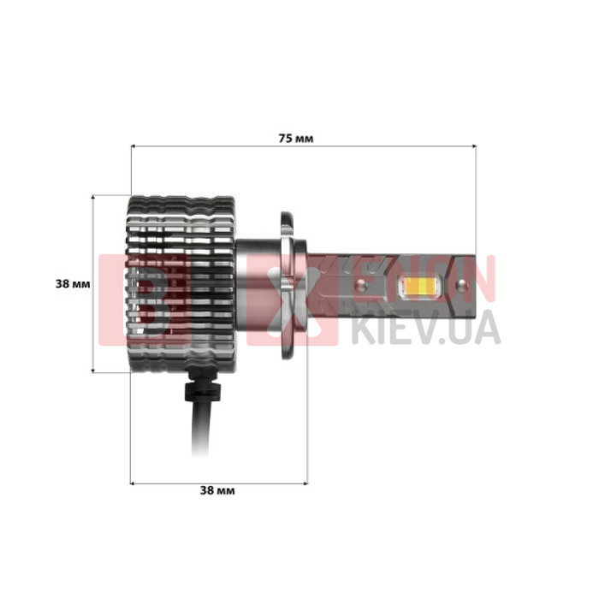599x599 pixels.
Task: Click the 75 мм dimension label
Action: click(x=296, y=139)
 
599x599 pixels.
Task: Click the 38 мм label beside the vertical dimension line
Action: click(x=73, y=284)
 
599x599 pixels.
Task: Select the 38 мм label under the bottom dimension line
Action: click(x=217, y=490)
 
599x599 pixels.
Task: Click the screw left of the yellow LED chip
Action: click(x=361, y=285)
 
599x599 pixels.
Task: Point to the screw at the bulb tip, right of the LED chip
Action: click(x=461, y=284)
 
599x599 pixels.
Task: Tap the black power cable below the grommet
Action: click(x=200, y=429)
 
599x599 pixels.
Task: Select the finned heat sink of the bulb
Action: click(x=181, y=283)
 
